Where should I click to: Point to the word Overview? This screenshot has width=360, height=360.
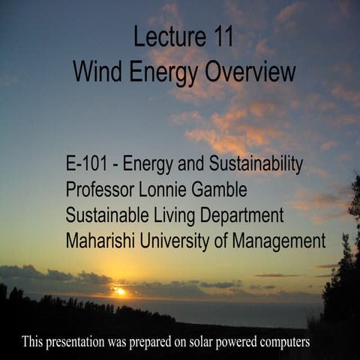click(251, 72)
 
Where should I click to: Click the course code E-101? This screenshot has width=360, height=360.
click(89, 163)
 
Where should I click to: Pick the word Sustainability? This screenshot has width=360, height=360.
click(250, 163)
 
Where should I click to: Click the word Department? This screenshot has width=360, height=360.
click(239, 215)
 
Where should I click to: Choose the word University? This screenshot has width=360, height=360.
click(177, 241)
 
